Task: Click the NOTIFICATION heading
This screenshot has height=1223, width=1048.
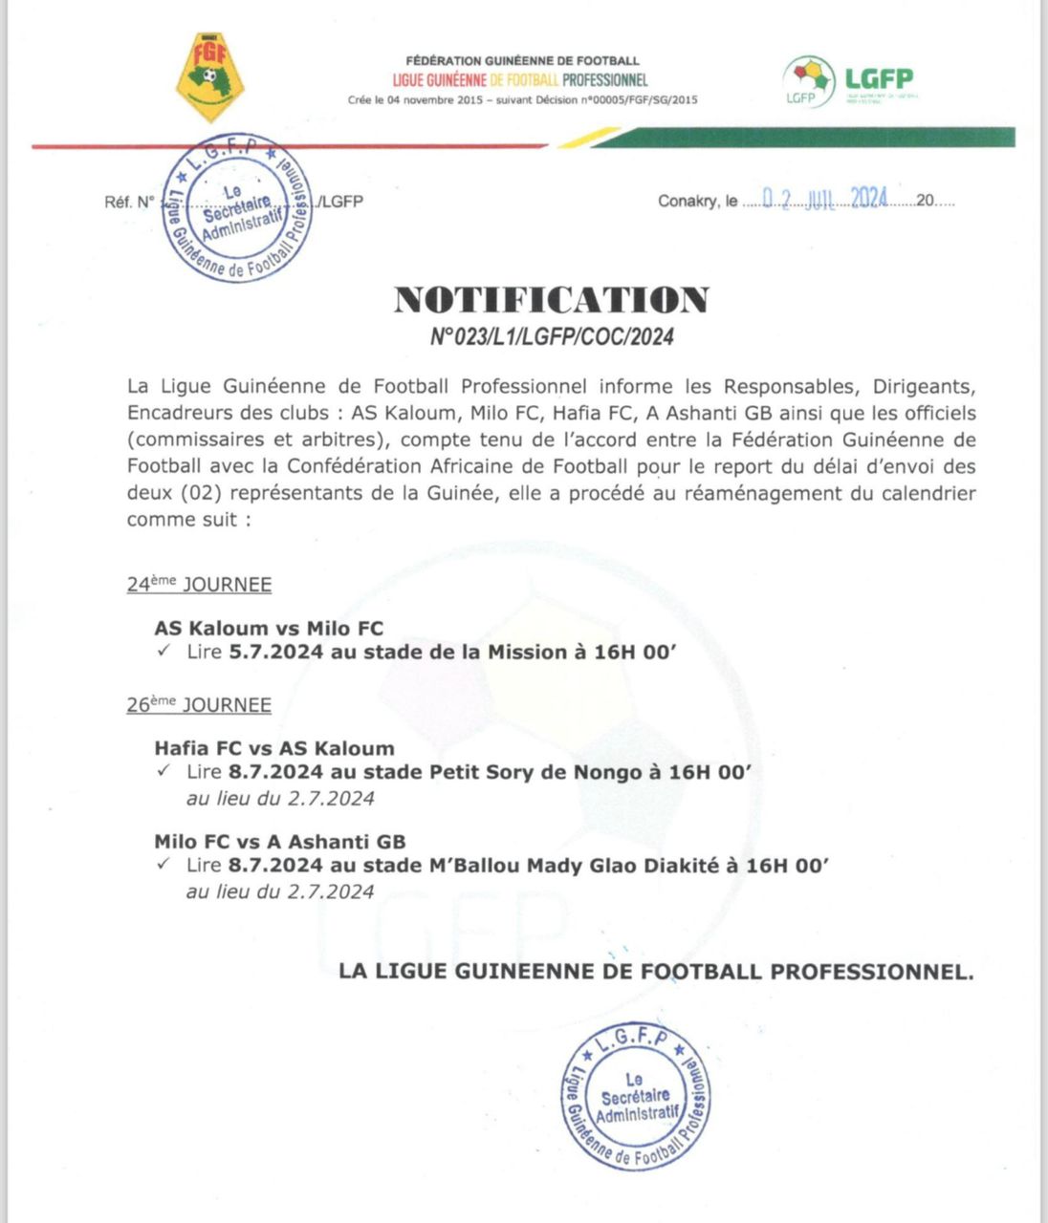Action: coord(552,300)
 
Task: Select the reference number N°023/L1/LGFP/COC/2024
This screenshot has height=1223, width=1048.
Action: coord(552,336)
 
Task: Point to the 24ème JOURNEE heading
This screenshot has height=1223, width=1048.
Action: coord(199,585)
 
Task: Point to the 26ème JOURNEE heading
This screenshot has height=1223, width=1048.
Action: coord(199,705)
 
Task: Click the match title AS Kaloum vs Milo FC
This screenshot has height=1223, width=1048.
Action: coord(269,629)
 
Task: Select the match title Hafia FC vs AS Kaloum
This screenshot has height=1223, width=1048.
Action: coord(273,748)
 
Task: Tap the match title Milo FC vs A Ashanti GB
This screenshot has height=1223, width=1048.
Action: coord(280,842)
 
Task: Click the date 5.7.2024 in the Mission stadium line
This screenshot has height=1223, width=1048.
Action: coord(275,653)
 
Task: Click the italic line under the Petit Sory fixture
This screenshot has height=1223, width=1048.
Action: coord(280,798)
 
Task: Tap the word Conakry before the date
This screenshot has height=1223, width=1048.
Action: coord(687,202)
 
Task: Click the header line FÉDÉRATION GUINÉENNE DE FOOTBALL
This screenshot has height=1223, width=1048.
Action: coord(522,61)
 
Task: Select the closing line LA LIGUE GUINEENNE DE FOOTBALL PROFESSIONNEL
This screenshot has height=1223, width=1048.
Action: coord(656,972)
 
